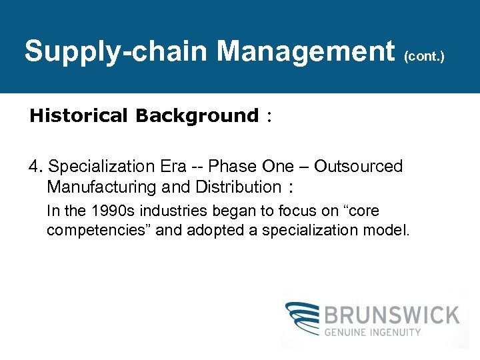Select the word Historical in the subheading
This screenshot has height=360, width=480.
79,116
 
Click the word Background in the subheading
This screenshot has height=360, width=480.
197,116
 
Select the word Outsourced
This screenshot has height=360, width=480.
359,167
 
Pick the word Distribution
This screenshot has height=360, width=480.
238,187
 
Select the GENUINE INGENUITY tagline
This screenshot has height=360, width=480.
373,332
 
